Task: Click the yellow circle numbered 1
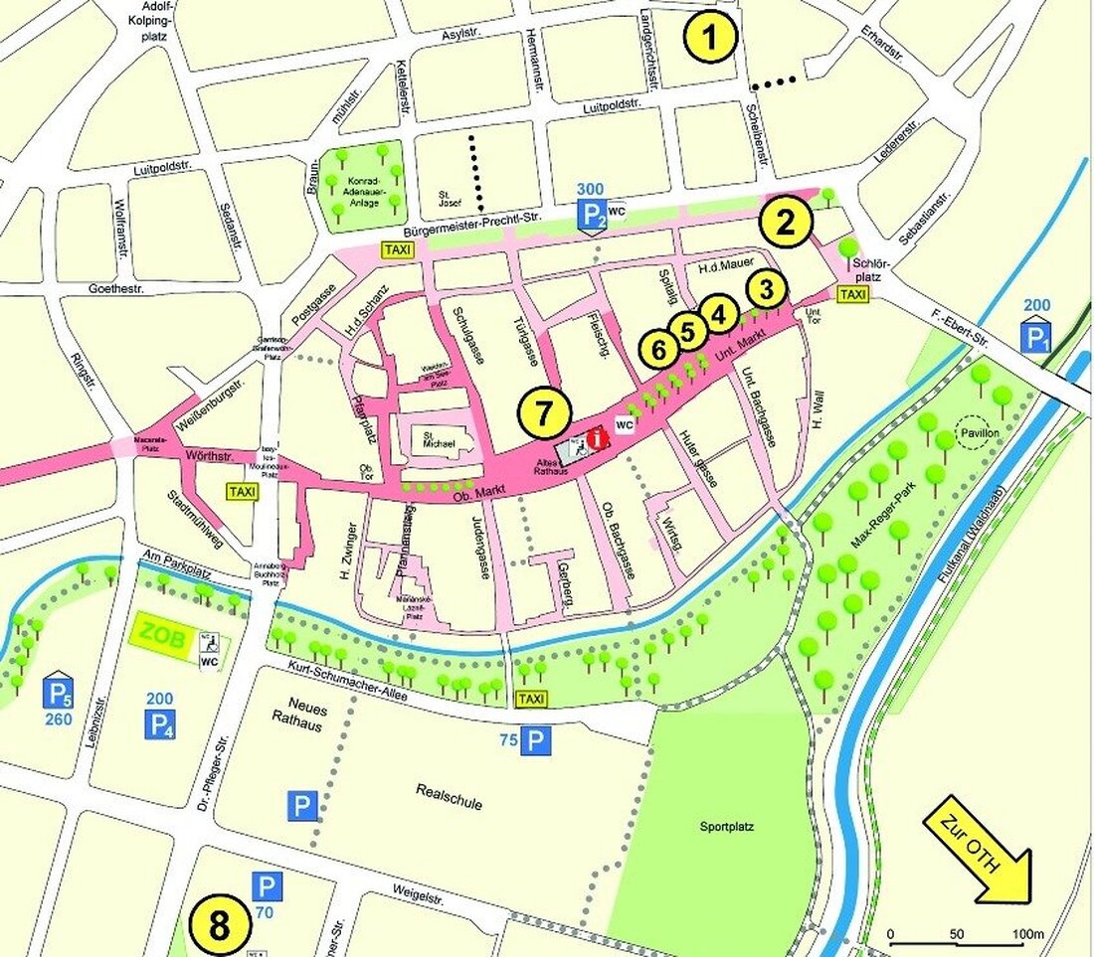[709, 39]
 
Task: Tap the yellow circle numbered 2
[786, 224]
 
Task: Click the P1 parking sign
[1036, 336]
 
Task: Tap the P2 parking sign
[593, 216]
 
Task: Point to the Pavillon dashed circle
[975, 435]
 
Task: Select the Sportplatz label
[729, 827]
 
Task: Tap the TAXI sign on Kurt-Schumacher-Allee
[531, 700]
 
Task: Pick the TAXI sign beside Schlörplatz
[853, 295]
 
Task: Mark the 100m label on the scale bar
[1024, 935]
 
